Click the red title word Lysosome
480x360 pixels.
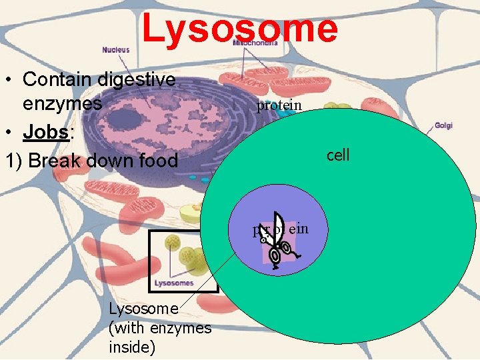(239, 29)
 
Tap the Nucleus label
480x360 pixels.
(116, 49)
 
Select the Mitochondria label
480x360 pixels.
(255, 43)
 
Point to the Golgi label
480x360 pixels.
(444, 125)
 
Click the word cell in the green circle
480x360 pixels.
(338, 155)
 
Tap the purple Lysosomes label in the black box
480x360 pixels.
(175, 283)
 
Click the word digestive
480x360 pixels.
(137, 79)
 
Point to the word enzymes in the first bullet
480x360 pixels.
(63, 104)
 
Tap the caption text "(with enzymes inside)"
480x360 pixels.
(159, 337)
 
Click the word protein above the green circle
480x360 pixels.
(279, 105)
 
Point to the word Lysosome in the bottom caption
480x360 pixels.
(143, 309)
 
